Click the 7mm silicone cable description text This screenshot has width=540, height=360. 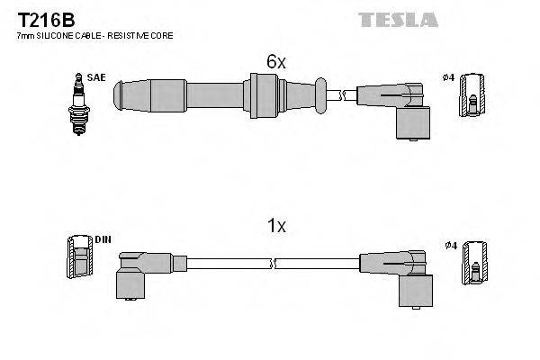(94, 35)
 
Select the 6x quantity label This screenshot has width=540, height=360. (275, 62)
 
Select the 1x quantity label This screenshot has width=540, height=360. (275, 227)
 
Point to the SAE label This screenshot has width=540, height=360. (96, 78)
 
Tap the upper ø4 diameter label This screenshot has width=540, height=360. (449, 78)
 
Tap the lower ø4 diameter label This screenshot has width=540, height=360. (449, 244)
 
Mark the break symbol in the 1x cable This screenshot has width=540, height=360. (273, 264)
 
